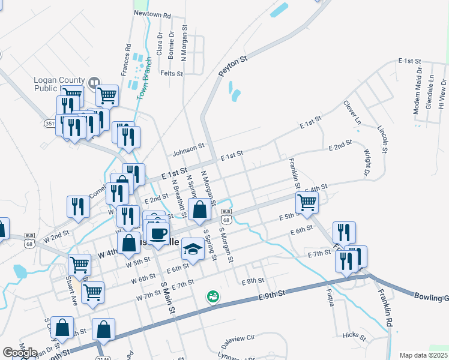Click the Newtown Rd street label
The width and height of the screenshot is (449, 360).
(x=152, y=13)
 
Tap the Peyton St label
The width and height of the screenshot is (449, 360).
(x=233, y=66)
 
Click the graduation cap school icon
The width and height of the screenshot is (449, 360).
(x=193, y=248)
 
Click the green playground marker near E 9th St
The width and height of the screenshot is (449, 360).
(x=212, y=296)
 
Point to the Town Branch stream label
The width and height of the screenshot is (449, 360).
(x=143, y=82)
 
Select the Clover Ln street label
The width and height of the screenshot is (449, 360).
(x=352, y=112)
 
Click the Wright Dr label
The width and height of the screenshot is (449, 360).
(x=368, y=160)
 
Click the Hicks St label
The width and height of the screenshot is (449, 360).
(x=354, y=335)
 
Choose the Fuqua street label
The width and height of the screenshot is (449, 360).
(x=330, y=297)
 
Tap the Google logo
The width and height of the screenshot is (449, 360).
(x=20, y=353)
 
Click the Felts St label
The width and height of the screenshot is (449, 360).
(x=172, y=73)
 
